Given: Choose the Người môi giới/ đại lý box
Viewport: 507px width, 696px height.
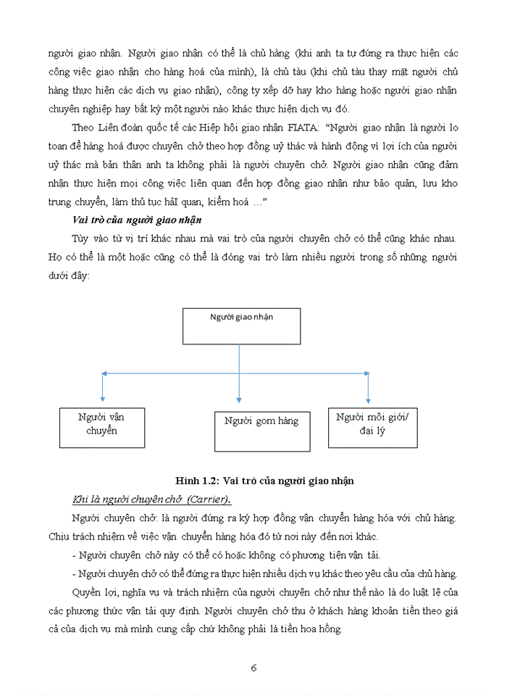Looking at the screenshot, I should tap(372, 427).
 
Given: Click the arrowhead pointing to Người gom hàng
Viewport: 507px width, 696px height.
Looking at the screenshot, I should tap(238, 399).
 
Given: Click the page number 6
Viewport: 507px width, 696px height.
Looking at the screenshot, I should tap(253, 667).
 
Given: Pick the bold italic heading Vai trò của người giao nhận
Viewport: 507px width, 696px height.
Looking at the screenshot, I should tap(137, 220).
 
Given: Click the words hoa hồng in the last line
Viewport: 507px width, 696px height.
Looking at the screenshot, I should tap(315, 629).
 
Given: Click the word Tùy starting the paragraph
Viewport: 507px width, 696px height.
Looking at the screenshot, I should tap(82, 239).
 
